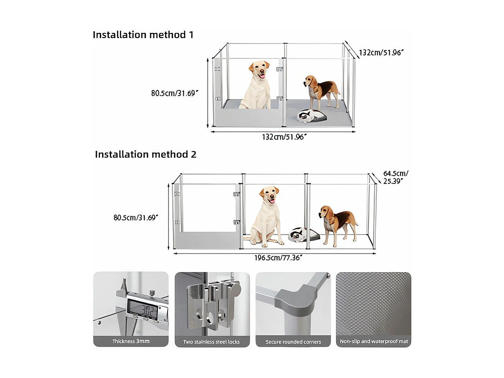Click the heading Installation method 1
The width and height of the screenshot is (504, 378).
tap(143, 35)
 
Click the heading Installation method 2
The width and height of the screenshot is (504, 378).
tap(145, 154)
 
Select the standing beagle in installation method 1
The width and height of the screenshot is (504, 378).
tap(322, 91)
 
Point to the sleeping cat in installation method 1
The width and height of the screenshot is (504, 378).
tap(312, 116)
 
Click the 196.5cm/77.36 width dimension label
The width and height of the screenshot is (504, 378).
tap(278, 258)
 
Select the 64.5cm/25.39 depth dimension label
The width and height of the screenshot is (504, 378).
tap(395, 177)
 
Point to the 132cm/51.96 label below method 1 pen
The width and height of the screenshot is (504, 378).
tap(284, 137)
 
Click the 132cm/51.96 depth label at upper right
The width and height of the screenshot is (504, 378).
tap(381, 52)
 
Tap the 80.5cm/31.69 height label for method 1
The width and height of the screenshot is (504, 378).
tap(174, 93)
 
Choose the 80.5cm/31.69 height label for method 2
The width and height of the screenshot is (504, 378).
tap(135, 217)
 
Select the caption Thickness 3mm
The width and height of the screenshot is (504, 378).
tap(131, 341)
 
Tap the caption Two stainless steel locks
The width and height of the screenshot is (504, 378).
tap(211, 342)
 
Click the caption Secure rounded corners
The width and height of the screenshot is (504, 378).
tap(293, 342)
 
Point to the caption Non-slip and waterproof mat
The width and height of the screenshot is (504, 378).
tap(374, 341)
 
